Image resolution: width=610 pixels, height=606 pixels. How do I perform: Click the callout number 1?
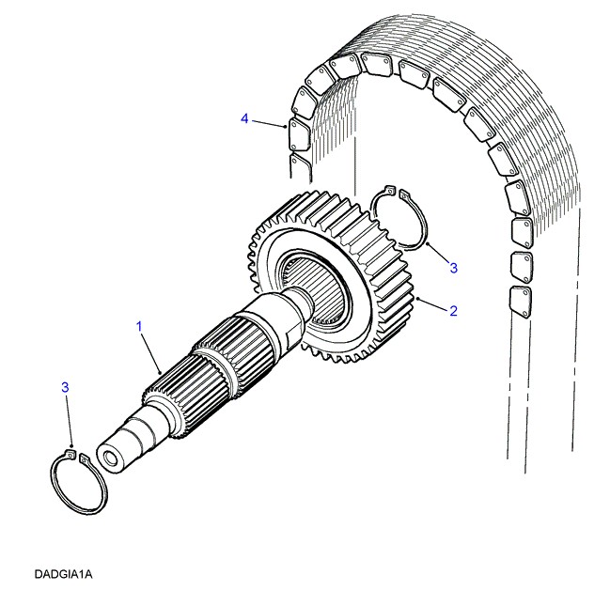point(139,326)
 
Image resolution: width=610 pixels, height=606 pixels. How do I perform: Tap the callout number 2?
point(452,310)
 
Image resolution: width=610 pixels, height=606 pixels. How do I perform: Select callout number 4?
point(244,119)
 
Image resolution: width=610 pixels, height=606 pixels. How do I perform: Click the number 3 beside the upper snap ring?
point(453,268)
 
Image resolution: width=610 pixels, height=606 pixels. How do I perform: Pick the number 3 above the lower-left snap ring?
point(65,387)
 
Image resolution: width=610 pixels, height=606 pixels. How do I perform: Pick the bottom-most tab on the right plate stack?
point(516,300)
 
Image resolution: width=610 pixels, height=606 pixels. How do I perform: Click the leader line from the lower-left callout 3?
point(68,421)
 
